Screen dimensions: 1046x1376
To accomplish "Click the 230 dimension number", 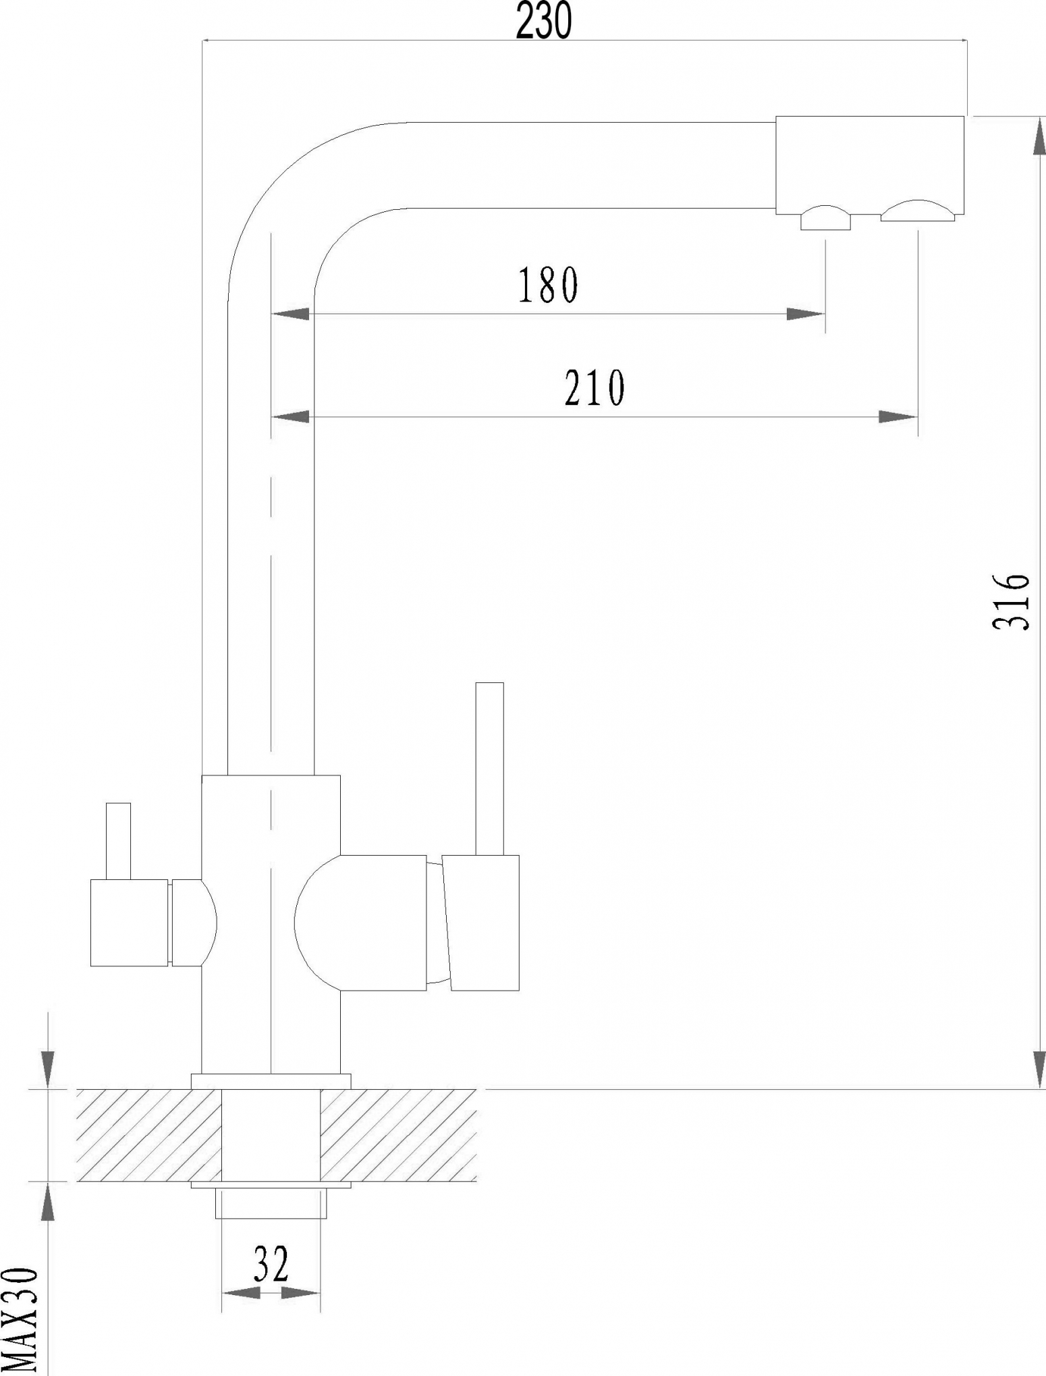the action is coord(544,22).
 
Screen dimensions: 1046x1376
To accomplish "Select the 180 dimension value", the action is coord(547,285).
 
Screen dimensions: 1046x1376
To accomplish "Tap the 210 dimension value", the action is coord(595,388).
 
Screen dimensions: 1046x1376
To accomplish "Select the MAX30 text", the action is coord(18,1321).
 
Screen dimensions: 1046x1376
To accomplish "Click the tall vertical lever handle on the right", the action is coord(489,769).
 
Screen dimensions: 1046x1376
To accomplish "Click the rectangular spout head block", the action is coord(870,165).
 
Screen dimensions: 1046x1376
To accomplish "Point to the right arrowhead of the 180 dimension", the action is coord(806,314).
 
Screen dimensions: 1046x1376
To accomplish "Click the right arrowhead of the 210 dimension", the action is coord(898,417).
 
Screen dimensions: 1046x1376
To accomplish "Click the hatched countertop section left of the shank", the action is coord(149,1135).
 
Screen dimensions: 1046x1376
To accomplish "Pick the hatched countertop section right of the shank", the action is coord(398,1135).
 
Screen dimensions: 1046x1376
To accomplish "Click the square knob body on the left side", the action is coord(130,923).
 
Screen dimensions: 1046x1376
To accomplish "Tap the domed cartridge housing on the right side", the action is coord(361,923).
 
